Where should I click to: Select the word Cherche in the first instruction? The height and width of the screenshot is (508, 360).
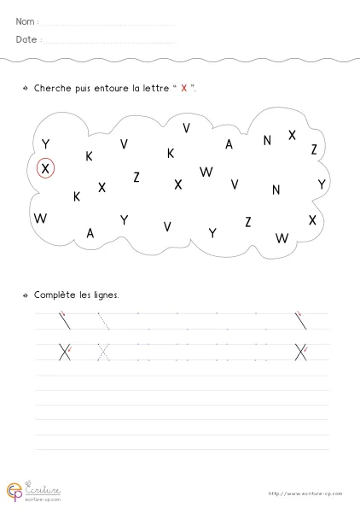click(x=53, y=88)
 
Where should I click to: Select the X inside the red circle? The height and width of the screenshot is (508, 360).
click(x=46, y=168)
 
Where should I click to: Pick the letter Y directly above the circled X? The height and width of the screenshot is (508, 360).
click(x=45, y=143)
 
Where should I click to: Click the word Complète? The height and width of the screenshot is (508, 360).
click(x=55, y=295)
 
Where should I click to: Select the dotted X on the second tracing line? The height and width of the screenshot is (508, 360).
click(x=103, y=351)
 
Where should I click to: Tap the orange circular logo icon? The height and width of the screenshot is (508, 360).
click(x=15, y=491)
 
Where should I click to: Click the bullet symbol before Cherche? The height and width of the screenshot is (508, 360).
click(x=26, y=88)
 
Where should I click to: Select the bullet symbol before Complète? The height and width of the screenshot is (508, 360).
click(x=26, y=295)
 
